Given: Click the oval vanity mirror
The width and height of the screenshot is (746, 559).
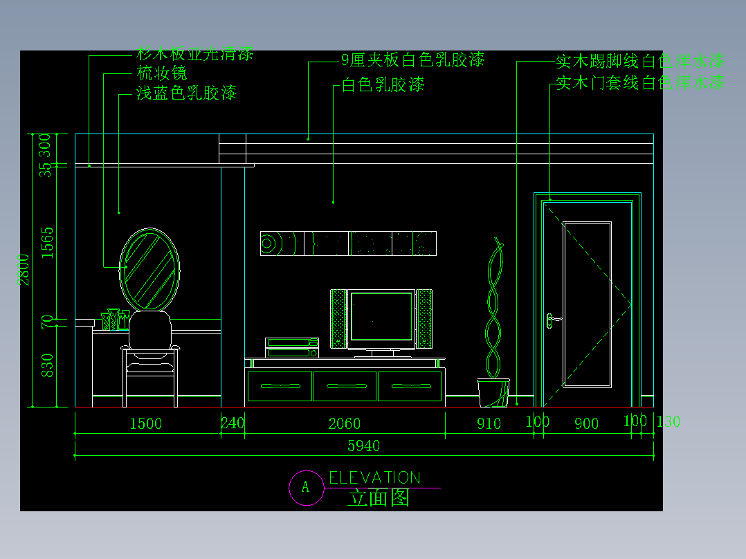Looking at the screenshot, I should pos(150,269).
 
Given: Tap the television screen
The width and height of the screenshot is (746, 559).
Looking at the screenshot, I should pos(381,316).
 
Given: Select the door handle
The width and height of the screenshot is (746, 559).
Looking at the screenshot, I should pos(552,320).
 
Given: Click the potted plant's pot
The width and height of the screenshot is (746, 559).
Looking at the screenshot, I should pos(493,392).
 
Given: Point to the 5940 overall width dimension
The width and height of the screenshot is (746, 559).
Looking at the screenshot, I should pos(364,446).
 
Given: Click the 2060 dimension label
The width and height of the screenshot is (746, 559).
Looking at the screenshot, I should pos(344,423).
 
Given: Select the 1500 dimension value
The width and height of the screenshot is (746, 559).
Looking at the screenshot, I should pos(146,423).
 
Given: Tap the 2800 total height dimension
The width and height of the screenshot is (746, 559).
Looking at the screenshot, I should pos(24,269).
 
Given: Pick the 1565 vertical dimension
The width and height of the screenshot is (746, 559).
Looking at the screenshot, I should pos(47,242).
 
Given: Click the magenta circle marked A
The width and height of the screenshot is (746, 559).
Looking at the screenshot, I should pos(306,488).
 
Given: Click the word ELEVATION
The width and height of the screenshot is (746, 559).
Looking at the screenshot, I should pos(374,477).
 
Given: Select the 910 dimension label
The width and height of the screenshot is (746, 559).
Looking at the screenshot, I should pos(489,423).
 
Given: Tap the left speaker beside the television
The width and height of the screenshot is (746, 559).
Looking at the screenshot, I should pos(338,318).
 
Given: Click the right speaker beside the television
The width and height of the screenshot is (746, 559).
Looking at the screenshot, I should pos(424,318).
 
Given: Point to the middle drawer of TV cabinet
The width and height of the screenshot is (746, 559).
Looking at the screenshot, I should pos(345,386).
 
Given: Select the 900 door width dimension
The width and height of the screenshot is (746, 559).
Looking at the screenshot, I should pos(586,423).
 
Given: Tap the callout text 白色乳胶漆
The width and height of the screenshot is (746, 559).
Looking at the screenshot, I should pos(383,85).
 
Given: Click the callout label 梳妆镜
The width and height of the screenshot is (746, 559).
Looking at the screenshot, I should pos(162,73).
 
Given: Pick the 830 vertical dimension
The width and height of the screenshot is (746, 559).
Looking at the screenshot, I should pos(47,365).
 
